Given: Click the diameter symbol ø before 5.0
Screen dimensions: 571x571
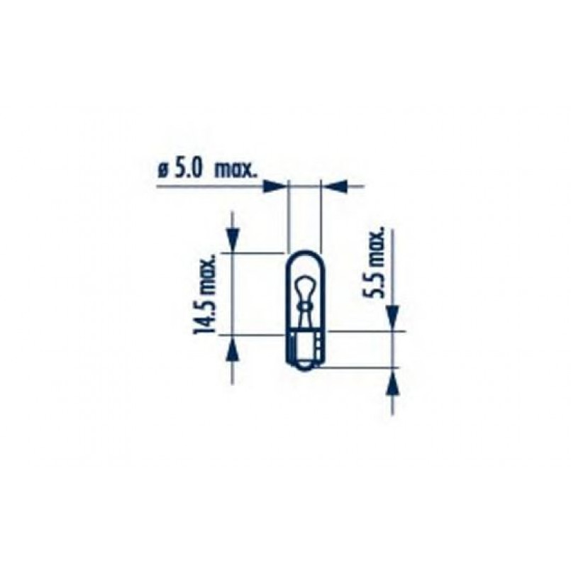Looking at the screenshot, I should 162,171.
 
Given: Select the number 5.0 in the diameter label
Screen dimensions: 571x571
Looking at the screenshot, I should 188,170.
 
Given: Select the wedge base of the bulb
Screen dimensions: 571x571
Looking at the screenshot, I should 304,351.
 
